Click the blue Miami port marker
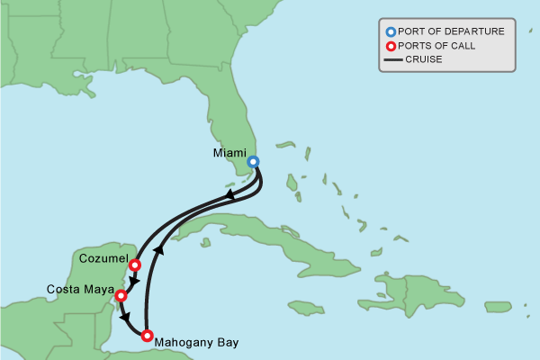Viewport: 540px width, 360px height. [254, 162]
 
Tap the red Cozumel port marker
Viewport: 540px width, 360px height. [135, 265]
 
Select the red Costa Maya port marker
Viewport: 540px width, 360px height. [121, 294]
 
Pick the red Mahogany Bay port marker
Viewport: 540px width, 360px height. [147, 336]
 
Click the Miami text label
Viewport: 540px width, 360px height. [229, 153]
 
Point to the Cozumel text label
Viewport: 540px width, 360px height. [103, 259]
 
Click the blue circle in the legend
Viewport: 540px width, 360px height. [390, 31]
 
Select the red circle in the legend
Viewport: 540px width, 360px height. [390, 46]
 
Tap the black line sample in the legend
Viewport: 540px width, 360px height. [392, 60]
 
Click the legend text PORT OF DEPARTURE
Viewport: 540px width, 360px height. [451, 31]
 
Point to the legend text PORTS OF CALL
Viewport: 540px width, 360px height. [439, 46]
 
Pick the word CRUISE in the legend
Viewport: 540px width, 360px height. [424, 60]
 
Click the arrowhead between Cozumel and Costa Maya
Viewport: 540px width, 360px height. [130, 280]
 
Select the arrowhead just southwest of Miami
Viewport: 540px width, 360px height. [231, 194]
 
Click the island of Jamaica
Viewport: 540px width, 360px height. [306, 308]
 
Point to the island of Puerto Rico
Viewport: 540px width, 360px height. [498, 307]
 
